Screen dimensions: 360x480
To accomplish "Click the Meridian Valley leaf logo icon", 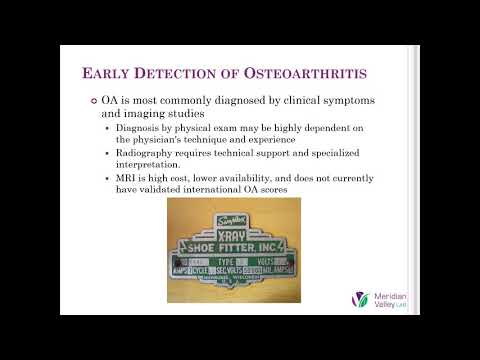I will coord(362,301).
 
